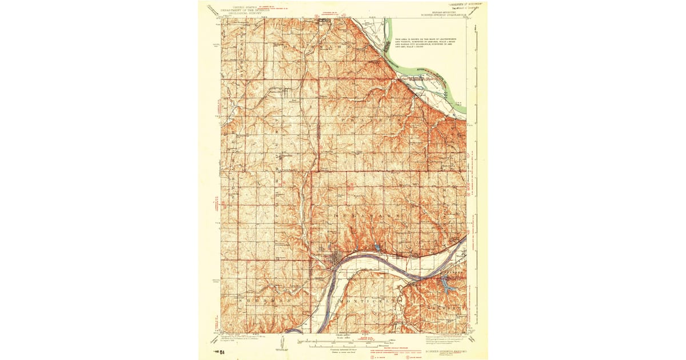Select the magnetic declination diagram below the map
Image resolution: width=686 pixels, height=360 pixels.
point(282,343)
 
